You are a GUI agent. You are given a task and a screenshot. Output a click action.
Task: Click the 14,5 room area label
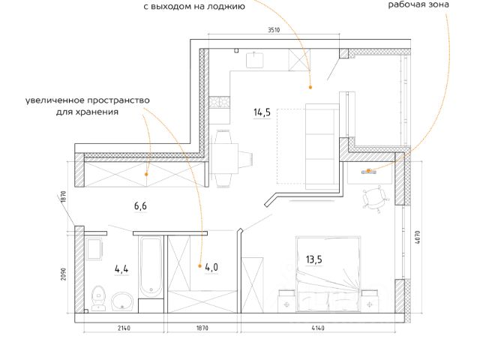tap(262, 113)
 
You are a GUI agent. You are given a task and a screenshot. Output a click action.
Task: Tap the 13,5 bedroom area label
tap(313, 260)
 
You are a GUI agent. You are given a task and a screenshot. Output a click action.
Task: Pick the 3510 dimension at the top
tap(273, 31)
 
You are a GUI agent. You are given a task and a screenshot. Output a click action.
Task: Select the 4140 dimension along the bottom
tap(318, 328)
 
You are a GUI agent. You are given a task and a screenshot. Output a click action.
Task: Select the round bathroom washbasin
tap(124, 301)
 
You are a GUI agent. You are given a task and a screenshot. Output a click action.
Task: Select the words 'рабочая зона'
tap(418, 4)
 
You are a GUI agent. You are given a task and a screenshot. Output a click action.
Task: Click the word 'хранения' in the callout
tap(99, 112)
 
